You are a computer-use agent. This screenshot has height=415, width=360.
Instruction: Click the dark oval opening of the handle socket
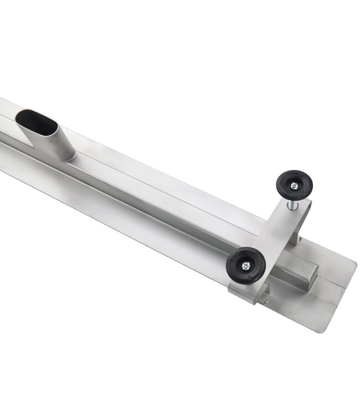pyautogui.click(x=36, y=122)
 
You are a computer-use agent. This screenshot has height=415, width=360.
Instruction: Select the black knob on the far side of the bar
pyautogui.click(x=294, y=185)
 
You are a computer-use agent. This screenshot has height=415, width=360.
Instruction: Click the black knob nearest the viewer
pyautogui.click(x=245, y=266)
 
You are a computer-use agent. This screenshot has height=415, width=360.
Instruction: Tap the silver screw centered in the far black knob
pyautogui.click(x=294, y=186)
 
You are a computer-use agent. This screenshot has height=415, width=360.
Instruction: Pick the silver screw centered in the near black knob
pyautogui.click(x=246, y=266)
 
